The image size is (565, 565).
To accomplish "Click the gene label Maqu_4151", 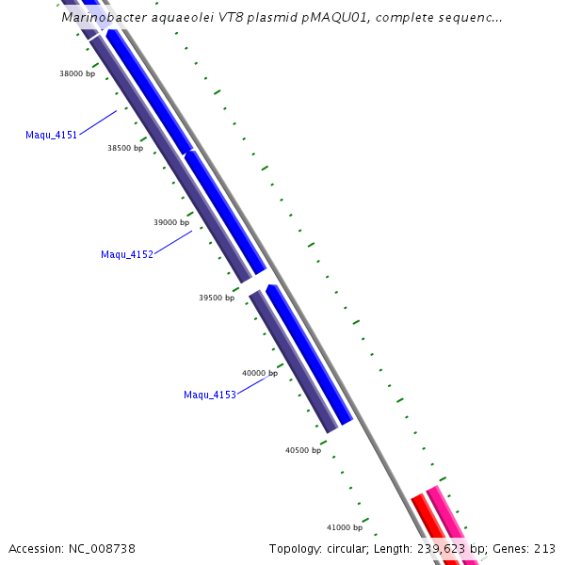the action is click(x=51, y=136).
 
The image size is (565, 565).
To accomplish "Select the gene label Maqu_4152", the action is click(x=126, y=255).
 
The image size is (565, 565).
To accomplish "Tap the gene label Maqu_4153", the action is click(x=209, y=395).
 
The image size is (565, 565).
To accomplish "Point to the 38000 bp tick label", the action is click(x=77, y=73).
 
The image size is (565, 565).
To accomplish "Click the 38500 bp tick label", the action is click(x=125, y=148).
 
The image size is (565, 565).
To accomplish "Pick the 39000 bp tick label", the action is click(x=171, y=223).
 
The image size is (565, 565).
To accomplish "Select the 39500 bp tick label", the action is click(x=217, y=298).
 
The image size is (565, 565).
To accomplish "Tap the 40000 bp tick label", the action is click(x=260, y=373).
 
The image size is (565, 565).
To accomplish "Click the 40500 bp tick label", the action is click(x=303, y=450).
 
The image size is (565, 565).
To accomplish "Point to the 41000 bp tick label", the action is click(x=346, y=527).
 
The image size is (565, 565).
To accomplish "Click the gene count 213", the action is click(x=545, y=549).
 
